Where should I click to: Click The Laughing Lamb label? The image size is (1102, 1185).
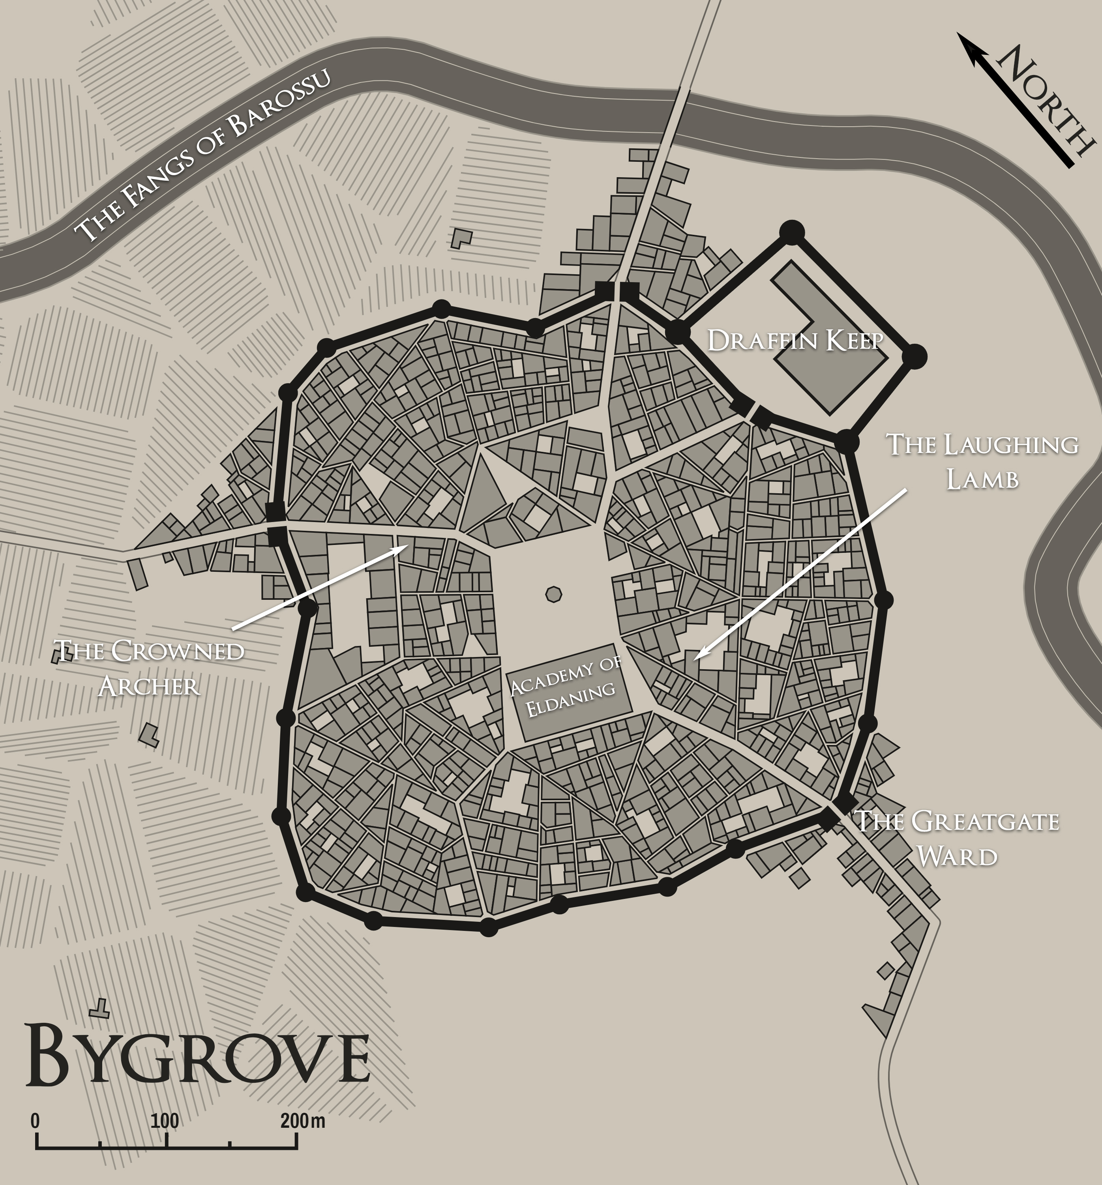point(982,462)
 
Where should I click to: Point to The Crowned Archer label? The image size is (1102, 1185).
point(149,668)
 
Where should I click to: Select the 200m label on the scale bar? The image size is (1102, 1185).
point(302,1121)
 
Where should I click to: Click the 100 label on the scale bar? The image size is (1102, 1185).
point(165,1121)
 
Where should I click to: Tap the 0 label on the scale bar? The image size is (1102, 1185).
point(35,1121)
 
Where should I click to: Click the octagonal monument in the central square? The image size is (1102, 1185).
point(553,594)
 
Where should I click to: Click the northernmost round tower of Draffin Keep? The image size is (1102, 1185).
point(792,232)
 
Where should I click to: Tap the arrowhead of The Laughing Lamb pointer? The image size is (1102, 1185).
point(695,657)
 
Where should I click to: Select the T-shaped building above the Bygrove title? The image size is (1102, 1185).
point(99,1007)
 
